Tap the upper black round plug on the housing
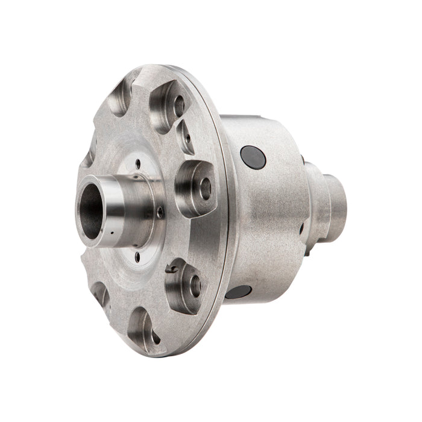[x=253, y=157]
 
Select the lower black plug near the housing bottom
[x=239, y=292]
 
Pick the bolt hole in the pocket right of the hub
[x=206, y=189]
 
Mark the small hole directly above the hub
[x=138, y=163]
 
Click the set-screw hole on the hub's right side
[x=159, y=212]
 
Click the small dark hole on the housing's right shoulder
[x=301, y=229]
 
